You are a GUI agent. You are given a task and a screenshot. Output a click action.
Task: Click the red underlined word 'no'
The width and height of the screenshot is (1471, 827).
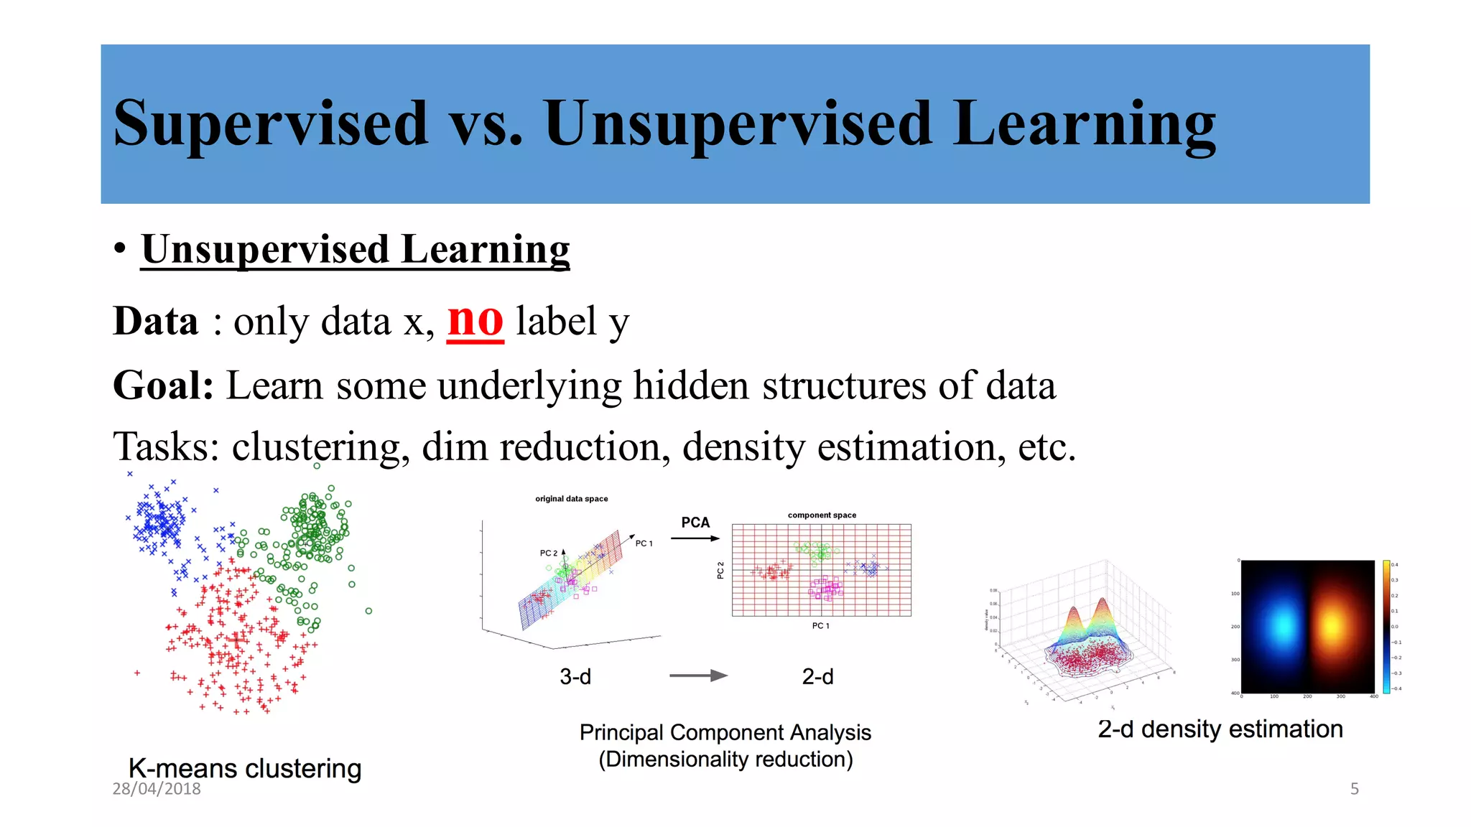(475, 321)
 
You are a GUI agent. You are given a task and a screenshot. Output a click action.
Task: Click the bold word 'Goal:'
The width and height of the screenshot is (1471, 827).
(164, 386)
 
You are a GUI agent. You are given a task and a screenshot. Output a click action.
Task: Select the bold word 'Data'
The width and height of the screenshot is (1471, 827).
(155, 321)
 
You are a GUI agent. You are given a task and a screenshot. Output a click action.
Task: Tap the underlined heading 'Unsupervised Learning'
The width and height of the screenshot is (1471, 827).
(355, 249)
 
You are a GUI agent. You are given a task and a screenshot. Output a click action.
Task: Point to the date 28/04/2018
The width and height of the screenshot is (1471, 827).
(157, 788)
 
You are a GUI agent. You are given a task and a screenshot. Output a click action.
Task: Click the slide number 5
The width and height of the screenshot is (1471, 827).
(1354, 788)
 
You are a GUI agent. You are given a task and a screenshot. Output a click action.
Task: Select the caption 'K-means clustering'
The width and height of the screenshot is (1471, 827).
(244, 768)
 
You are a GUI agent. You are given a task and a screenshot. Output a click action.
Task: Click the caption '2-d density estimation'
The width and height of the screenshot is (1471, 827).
(1220, 729)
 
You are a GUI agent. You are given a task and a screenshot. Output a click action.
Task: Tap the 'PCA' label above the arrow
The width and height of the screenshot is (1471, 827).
(695, 522)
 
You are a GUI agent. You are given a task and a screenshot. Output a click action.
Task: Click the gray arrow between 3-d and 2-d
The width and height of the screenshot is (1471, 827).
(697, 676)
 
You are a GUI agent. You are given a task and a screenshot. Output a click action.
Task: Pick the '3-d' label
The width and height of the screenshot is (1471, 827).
(575, 676)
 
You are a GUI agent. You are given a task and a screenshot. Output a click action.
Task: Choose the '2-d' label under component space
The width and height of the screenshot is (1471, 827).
(817, 676)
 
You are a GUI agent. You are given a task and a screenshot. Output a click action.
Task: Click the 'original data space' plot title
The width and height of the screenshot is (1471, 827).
(571, 498)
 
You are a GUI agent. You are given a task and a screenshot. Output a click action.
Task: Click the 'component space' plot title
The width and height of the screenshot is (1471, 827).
(822, 515)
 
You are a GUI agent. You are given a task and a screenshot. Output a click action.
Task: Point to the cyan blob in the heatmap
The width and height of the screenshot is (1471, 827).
(1282, 626)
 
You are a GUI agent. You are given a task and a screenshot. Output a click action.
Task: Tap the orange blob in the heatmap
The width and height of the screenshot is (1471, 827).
(1331, 626)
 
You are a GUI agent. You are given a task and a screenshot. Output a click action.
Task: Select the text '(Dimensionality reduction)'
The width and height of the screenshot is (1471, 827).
(725, 760)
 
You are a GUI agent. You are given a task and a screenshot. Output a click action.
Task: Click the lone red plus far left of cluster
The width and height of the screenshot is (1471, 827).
(137, 673)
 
